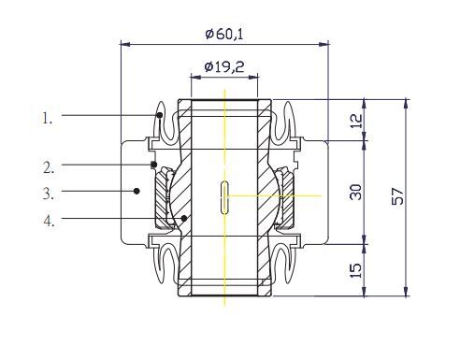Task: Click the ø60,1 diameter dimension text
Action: coord(224,34)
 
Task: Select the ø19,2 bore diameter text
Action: coord(224,66)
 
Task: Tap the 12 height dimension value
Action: coord(357,121)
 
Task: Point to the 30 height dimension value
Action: coord(356,192)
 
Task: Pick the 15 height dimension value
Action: coord(356,270)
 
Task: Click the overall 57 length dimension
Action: coord(397,196)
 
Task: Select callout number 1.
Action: coord(48,119)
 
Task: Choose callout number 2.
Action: coord(49,167)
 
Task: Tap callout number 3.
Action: coord(49,194)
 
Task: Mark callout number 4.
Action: coord(50,221)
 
